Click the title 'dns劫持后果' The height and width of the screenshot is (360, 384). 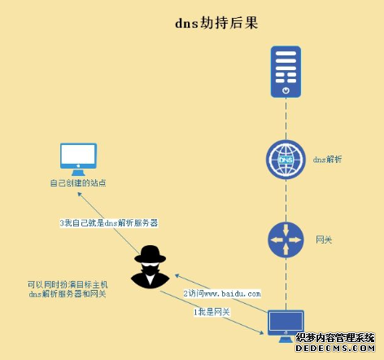click(x=216, y=23)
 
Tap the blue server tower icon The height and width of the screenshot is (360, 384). click(x=286, y=72)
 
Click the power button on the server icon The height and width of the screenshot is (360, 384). click(x=286, y=90)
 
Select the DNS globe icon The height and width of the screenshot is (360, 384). click(x=286, y=160)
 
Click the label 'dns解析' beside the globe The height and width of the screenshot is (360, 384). click(x=327, y=160)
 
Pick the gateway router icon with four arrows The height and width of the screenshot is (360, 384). click(x=286, y=239)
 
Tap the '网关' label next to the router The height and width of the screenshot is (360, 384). click(x=324, y=239)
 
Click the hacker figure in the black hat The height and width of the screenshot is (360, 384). click(x=151, y=266)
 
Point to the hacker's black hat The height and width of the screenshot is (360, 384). click(x=151, y=254)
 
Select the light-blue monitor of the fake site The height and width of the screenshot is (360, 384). click(x=78, y=160)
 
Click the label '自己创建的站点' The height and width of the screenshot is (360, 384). click(x=78, y=182)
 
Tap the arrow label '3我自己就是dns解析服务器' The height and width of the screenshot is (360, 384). click(x=109, y=223)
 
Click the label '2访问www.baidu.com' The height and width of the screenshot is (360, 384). click(x=222, y=293)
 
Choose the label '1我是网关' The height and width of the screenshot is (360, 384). click(x=212, y=312)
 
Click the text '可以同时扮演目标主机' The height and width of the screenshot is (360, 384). click(x=68, y=284)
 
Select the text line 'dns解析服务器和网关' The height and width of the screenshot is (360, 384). click(x=68, y=294)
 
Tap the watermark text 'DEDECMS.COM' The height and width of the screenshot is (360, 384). click(x=335, y=348)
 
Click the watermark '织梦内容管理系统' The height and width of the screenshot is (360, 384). click(x=335, y=338)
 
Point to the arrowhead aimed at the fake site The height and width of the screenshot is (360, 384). click(x=79, y=194)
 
